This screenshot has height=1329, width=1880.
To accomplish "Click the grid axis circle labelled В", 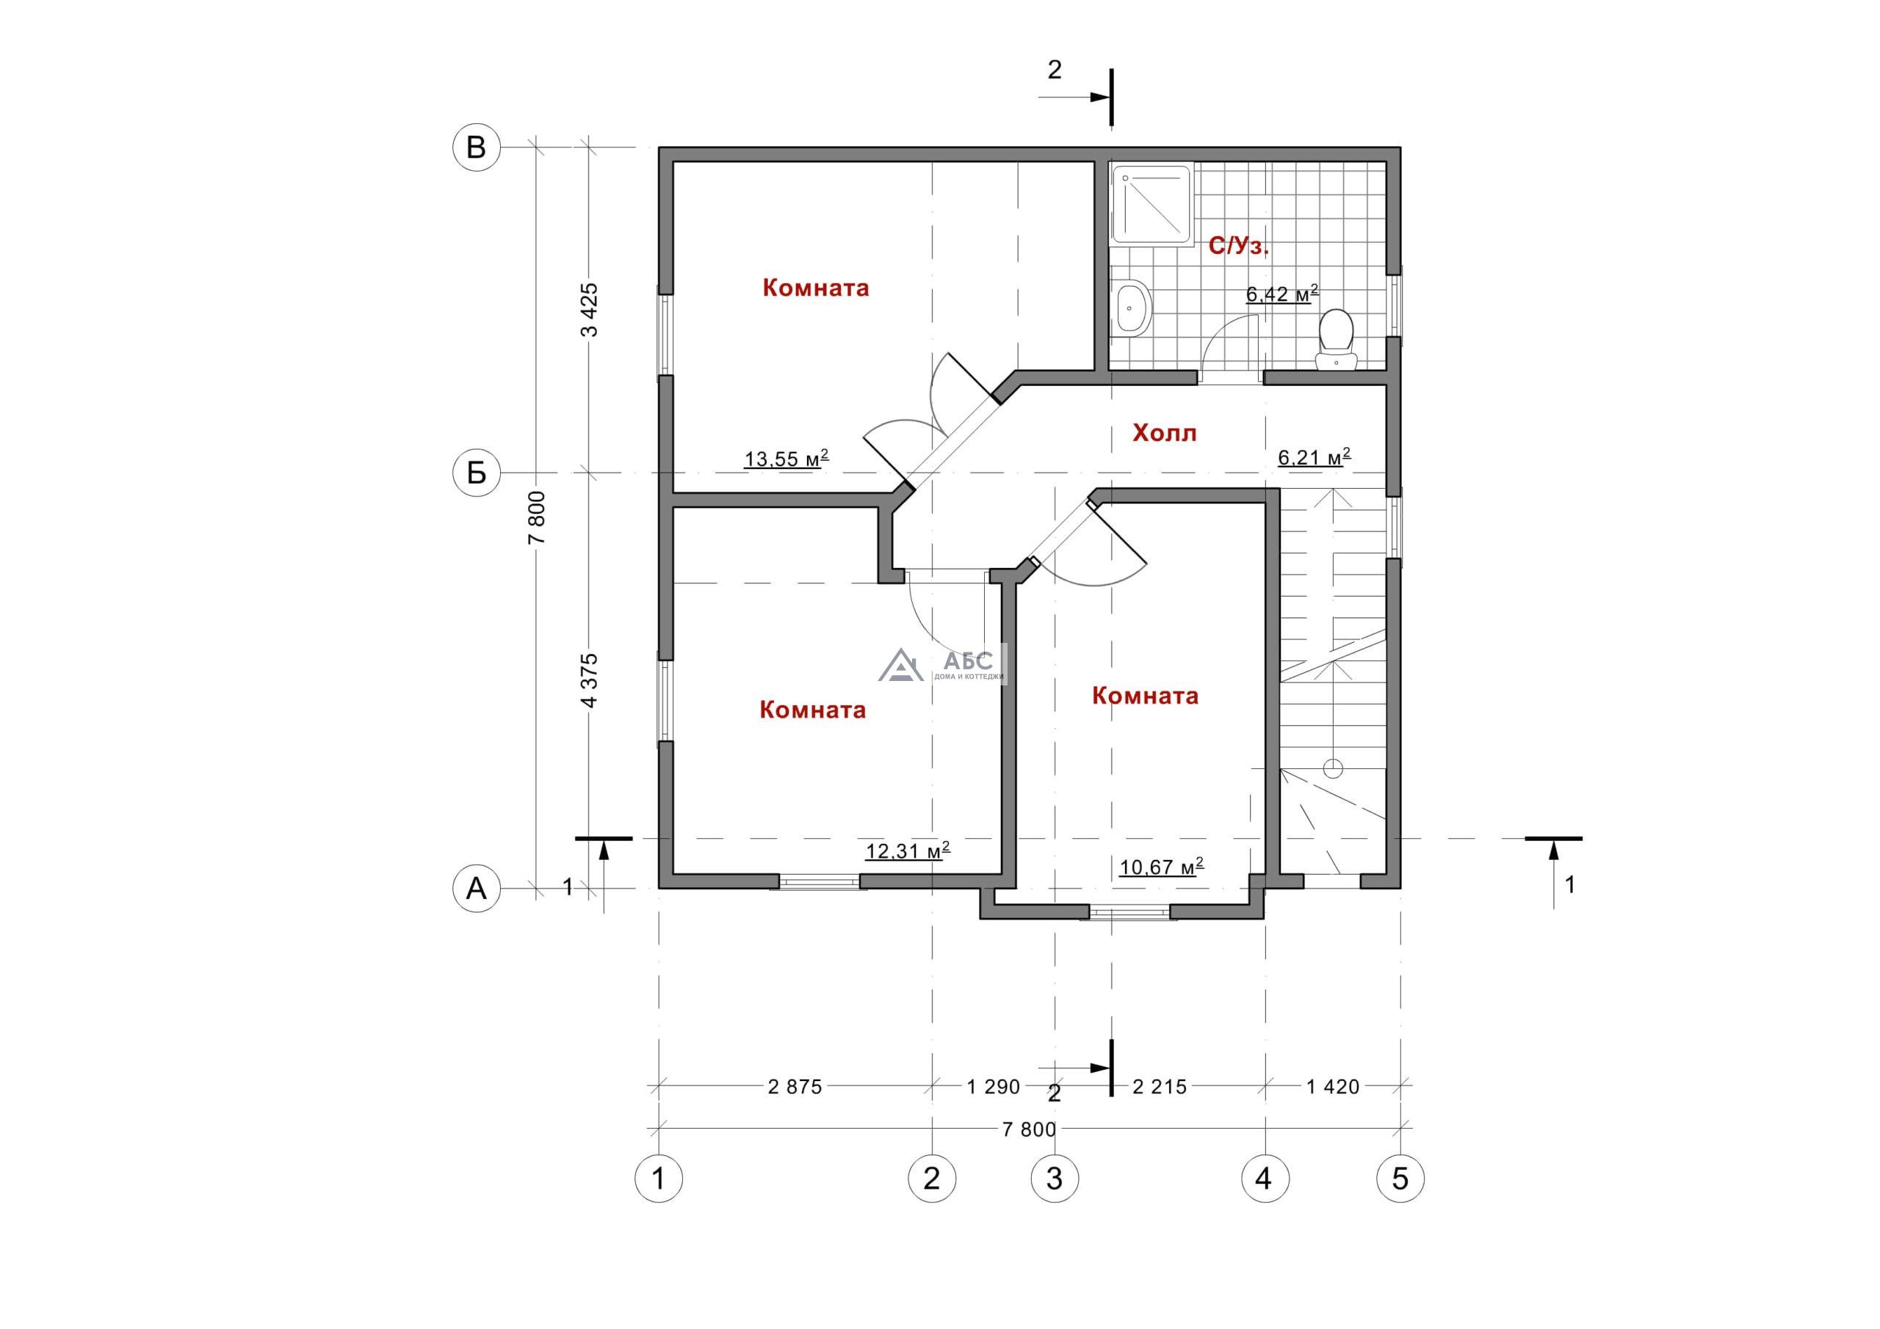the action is (477, 148).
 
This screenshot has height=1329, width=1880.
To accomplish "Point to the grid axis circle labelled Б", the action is (477, 473).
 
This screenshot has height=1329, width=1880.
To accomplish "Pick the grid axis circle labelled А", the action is (477, 888).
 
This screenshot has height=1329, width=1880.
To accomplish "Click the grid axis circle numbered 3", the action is (1055, 1179).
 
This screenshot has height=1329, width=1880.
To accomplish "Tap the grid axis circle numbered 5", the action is (1400, 1179).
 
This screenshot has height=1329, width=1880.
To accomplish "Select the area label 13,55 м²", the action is (786, 457).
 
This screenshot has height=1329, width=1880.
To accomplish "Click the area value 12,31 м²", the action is (907, 851).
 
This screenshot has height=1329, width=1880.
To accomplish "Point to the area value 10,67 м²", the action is (1161, 865).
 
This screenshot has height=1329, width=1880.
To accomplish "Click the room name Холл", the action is (1165, 433).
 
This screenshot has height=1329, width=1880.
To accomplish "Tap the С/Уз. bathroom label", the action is (1239, 246).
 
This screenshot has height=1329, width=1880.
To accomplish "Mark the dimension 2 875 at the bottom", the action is (795, 1087).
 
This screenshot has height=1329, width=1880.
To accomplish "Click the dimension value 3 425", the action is (589, 310).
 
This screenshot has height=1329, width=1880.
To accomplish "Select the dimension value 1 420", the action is (1332, 1087).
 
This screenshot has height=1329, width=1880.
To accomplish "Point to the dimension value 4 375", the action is (589, 680).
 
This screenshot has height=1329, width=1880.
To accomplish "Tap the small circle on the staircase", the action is (1333, 768).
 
